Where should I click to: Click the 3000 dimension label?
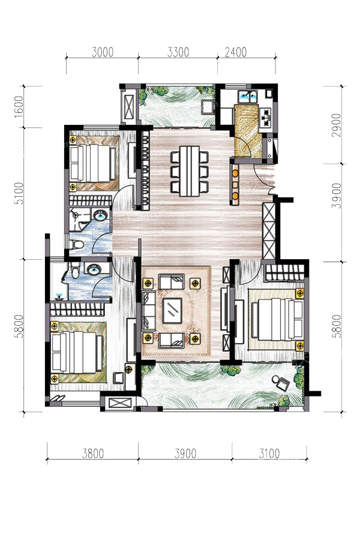(103, 52)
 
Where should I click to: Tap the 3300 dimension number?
(178, 52)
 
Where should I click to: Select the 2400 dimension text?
(236, 52)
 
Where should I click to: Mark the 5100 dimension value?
(19, 193)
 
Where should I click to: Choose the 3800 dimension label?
(93, 453)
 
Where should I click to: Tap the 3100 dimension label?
(269, 453)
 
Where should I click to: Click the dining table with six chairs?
(190, 171)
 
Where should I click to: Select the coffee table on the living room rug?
(172, 311)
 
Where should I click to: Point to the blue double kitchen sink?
(249, 97)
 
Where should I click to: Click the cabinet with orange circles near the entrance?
(235, 184)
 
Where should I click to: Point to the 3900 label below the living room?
(185, 453)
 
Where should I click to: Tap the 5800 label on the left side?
(19, 326)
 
